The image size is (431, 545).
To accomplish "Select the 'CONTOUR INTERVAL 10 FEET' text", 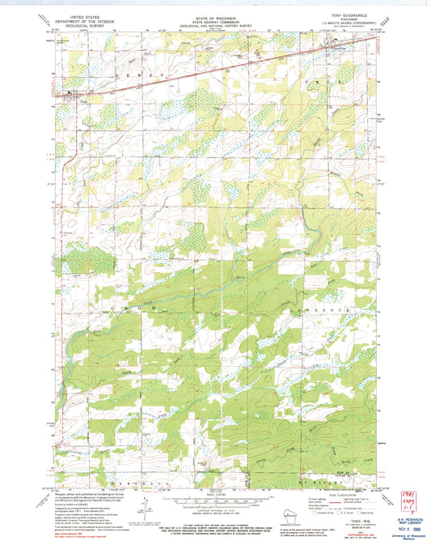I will coord(215,511).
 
